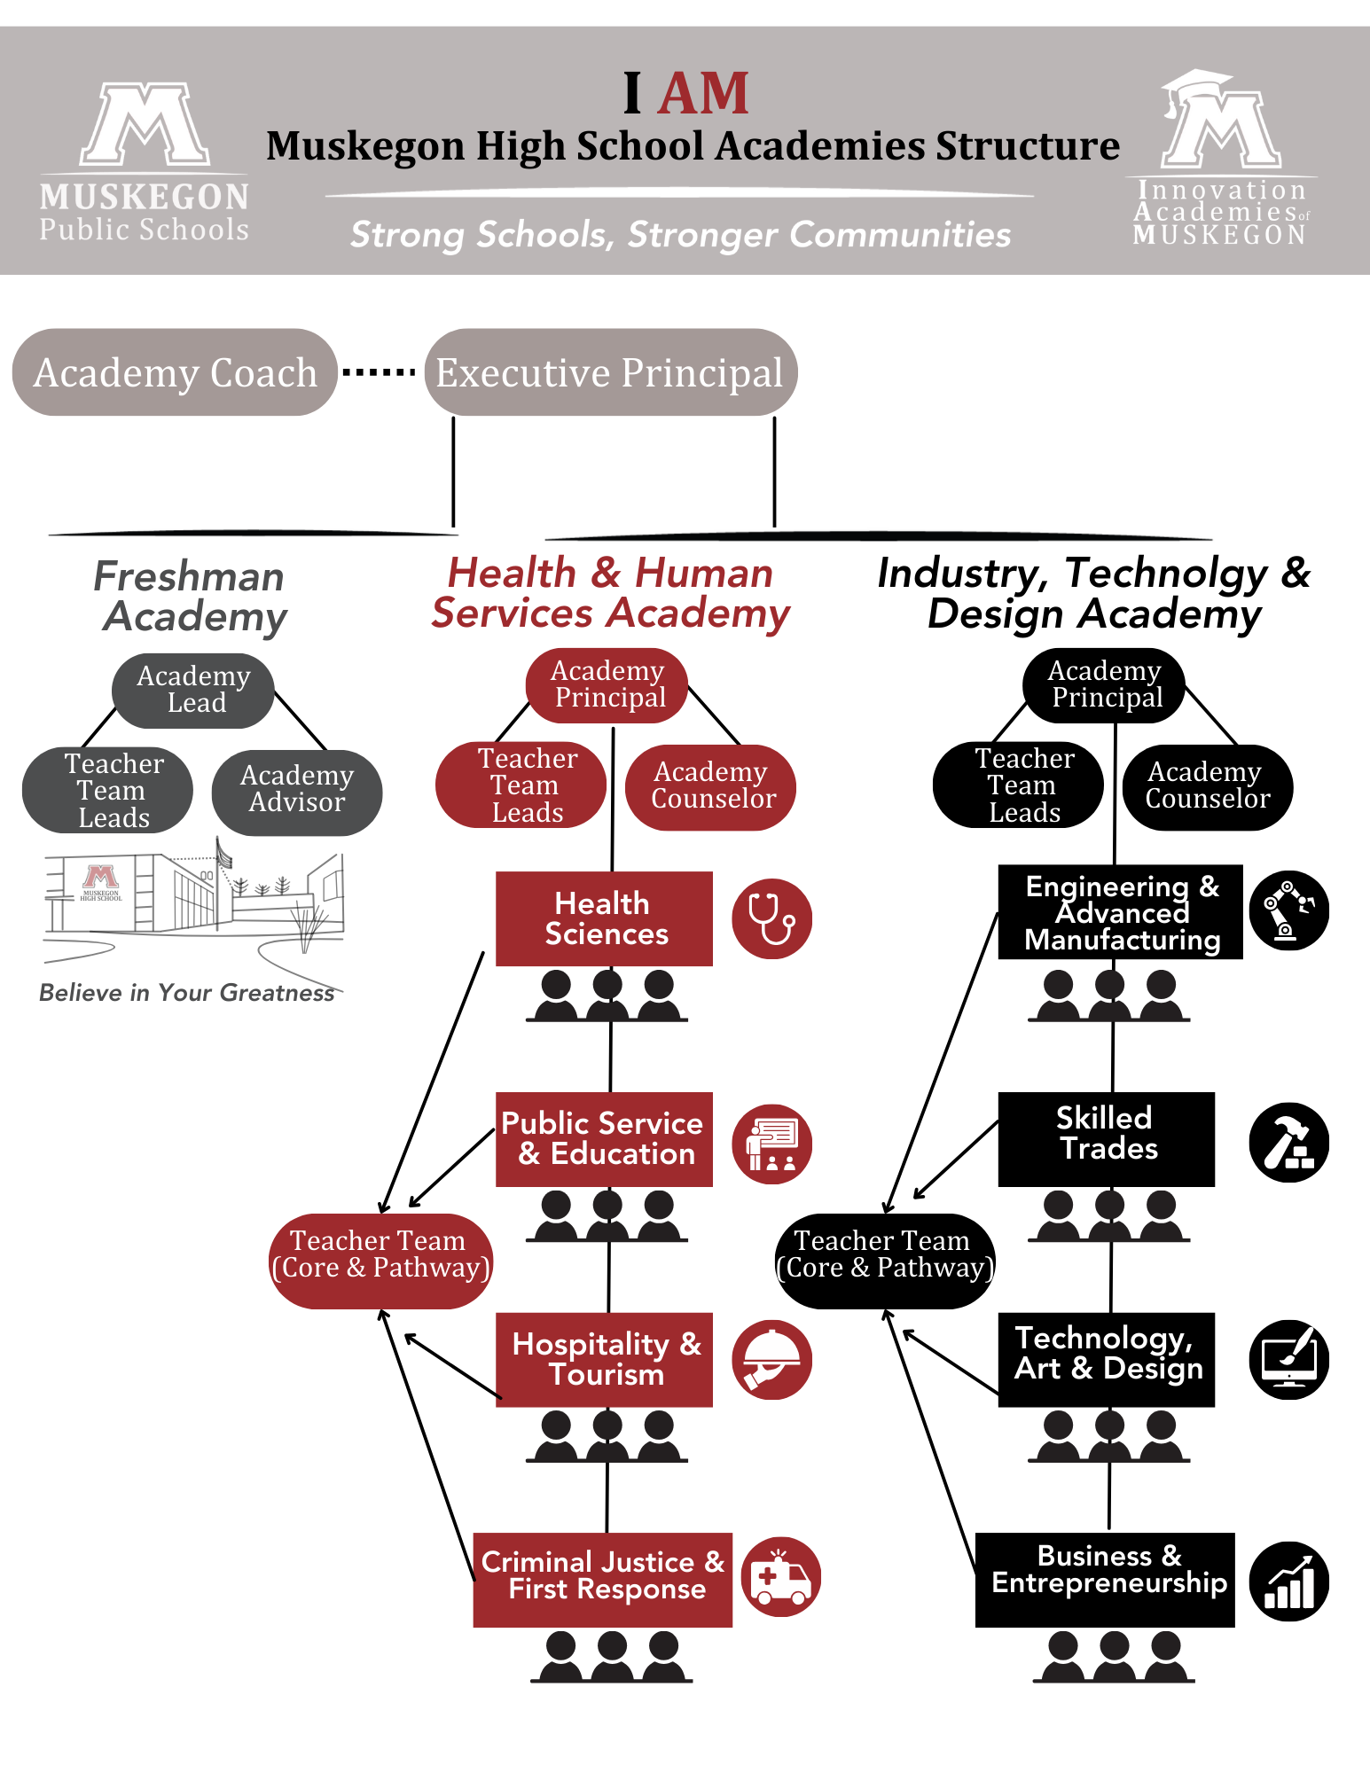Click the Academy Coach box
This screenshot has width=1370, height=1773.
(x=175, y=372)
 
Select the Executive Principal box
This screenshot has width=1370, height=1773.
(x=610, y=372)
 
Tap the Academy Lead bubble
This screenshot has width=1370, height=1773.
(x=193, y=690)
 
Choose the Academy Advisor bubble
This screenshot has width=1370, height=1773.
(x=297, y=789)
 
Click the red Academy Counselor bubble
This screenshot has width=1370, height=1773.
(x=711, y=785)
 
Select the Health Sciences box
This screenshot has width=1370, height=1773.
(x=605, y=918)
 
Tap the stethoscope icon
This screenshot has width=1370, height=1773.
(x=771, y=918)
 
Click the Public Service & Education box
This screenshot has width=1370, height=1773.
(x=605, y=1139)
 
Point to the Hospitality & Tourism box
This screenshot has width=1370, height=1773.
(x=605, y=1359)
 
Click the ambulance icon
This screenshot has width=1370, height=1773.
(x=780, y=1577)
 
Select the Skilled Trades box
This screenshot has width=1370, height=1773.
(x=1107, y=1139)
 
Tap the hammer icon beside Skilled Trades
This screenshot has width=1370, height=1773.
(x=1288, y=1143)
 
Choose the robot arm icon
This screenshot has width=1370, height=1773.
(x=1288, y=910)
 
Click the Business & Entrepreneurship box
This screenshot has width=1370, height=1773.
(x=1105, y=1579)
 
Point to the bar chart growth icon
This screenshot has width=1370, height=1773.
(x=1288, y=1582)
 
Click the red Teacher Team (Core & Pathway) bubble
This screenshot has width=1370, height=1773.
(x=380, y=1260)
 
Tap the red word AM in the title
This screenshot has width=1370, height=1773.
(x=704, y=94)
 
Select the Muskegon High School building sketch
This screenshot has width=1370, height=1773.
(x=193, y=900)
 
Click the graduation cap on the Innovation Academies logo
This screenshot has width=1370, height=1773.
(x=1197, y=85)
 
